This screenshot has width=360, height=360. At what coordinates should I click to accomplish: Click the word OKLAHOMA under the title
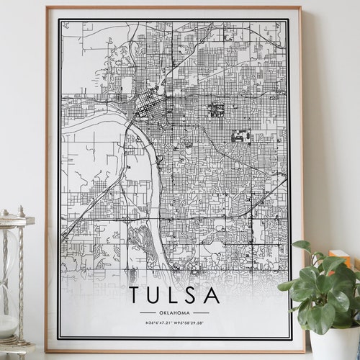(x=174, y=312)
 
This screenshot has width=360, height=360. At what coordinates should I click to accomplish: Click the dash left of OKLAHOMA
(x=147, y=312)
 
